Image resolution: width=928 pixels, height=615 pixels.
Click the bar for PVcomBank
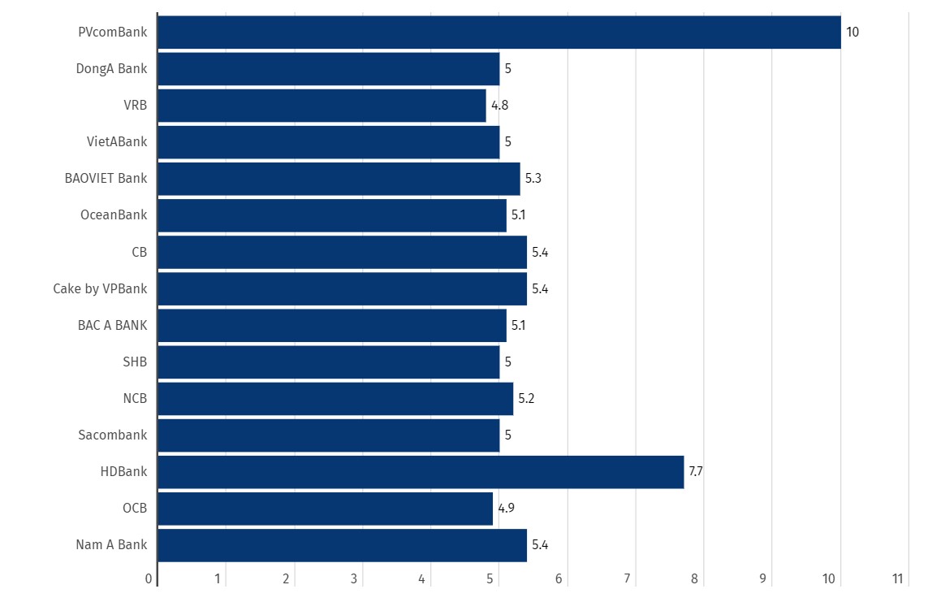tap(499, 32)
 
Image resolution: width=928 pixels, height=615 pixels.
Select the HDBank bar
tap(421, 472)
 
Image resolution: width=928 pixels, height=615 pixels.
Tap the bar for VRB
tap(322, 106)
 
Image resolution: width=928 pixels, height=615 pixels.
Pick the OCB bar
tap(325, 509)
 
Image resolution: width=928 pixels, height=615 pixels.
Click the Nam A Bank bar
tap(342, 545)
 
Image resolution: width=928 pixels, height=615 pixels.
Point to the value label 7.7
tap(696, 472)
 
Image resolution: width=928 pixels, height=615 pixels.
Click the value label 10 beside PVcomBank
tap(852, 32)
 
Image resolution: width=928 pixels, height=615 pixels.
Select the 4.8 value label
tap(499, 106)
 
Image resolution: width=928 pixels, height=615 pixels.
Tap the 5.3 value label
tap(533, 179)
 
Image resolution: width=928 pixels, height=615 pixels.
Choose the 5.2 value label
tap(526, 399)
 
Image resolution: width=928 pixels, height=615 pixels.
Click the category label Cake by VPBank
tap(101, 289)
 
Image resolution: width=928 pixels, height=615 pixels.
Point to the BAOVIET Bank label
tap(106, 179)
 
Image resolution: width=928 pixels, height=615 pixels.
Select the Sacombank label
tap(113, 435)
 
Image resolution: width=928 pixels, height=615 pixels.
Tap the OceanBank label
tap(114, 215)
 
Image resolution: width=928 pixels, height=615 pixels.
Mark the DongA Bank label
tap(112, 69)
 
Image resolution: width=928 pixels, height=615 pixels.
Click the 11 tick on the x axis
tap(898, 579)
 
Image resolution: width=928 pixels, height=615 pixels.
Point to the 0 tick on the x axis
tap(149, 579)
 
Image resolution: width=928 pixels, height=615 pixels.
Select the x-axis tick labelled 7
tap(628, 579)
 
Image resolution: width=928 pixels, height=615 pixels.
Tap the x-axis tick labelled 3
tap(355, 579)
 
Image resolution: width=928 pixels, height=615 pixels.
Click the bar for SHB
tap(328, 362)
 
